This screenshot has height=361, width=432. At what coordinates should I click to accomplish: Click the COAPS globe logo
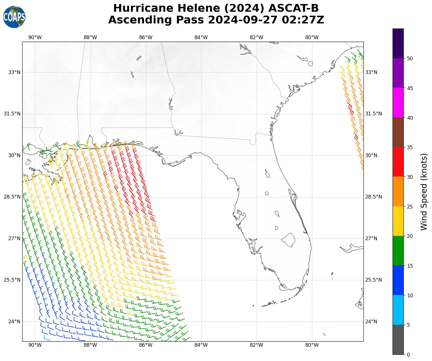point(14,17)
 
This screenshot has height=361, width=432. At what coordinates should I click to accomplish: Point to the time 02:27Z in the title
point(303,20)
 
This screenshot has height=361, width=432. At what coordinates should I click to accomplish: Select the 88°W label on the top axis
point(90,37)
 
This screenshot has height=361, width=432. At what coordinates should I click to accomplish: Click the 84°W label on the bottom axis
point(201,345)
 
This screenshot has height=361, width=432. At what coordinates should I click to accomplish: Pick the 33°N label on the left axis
point(14,72)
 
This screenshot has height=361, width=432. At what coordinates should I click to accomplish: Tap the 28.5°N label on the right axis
point(373,197)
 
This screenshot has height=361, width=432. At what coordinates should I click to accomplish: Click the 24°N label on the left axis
point(14,322)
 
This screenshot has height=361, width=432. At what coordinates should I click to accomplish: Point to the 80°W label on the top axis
point(312,37)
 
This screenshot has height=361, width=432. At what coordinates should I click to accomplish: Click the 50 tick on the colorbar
point(410,59)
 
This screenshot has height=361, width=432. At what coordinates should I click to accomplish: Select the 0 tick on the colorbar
point(408,355)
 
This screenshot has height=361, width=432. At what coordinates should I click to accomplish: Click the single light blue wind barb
point(47,339)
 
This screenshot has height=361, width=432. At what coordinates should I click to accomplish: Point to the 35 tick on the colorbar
point(410,147)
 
